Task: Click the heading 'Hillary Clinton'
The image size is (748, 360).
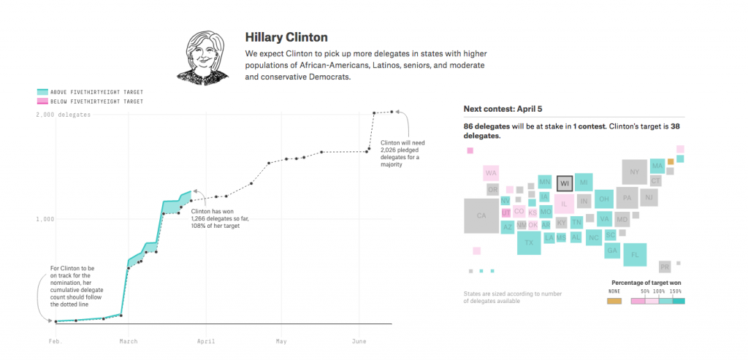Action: tap(286, 37)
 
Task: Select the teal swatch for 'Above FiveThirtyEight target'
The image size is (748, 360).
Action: tap(42, 92)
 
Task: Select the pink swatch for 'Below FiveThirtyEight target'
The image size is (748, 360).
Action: tap(42, 102)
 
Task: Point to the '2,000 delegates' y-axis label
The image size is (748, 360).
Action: tap(64, 115)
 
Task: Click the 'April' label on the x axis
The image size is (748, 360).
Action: tap(205, 341)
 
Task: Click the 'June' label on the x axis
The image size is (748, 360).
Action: tap(359, 341)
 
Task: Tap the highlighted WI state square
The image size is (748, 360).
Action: tap(564, 183)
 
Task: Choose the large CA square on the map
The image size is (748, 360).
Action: tap(481, 215)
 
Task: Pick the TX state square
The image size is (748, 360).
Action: tap(529, 242)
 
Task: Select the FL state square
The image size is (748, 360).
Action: tap(635, 254)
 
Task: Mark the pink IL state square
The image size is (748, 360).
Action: tap(564, 204)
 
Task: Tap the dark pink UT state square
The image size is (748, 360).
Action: tap(506, 212)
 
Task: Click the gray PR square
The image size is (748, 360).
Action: tap(665, 267)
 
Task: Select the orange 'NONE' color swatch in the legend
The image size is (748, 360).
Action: tap(614, 300)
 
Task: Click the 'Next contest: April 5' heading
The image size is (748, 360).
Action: tap(504, 109)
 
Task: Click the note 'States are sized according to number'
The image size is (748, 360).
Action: tap(512, 294)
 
